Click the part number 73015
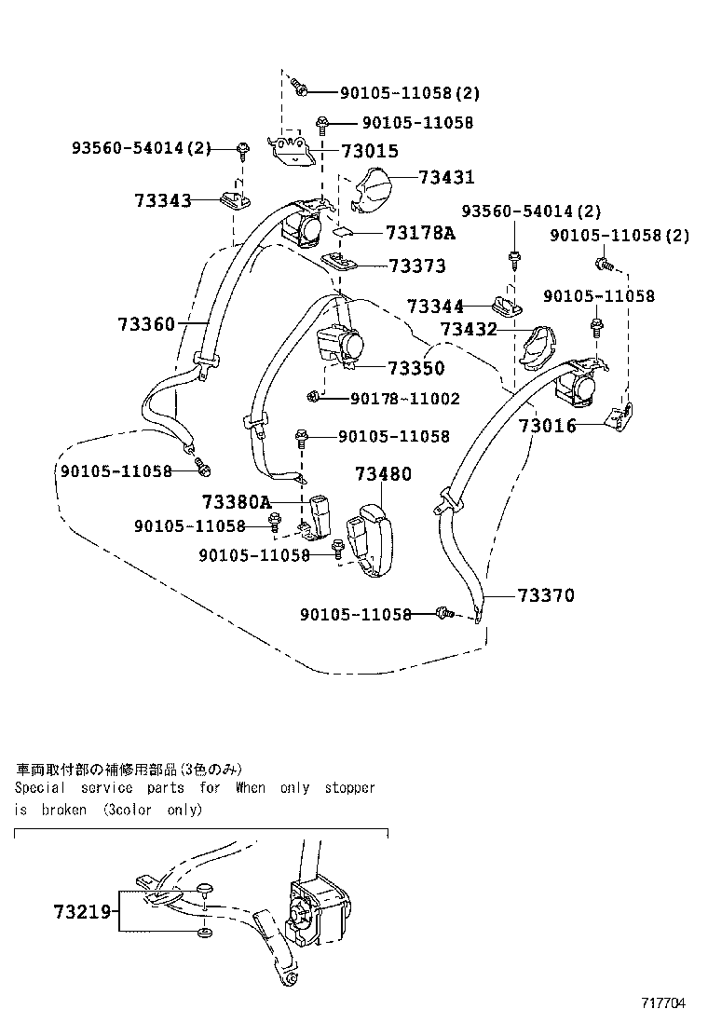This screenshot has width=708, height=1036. coord(369,151)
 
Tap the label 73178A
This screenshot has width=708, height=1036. coord(419,232)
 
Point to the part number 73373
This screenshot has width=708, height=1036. coord(416,266)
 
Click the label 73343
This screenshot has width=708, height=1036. coord(162,200)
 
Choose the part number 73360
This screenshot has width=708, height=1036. coord(146,323)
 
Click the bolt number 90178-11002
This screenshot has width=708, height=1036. coord(405,399)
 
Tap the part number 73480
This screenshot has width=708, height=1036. coord(382,474)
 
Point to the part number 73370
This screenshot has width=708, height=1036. coord(546,595)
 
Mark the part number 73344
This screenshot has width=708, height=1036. coord(435,306)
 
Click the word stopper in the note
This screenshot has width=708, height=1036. coord(349,788)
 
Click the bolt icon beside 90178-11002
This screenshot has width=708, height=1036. coord(314,399)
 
